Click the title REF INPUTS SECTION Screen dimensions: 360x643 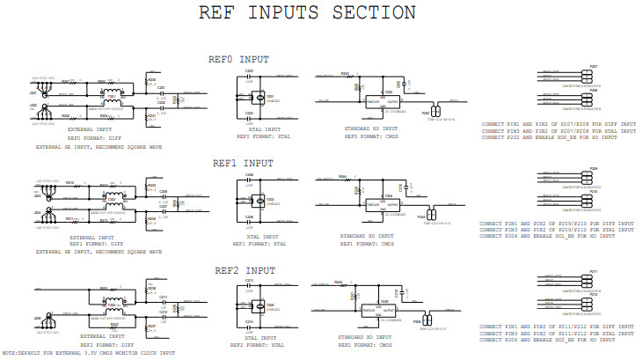pyautogui.click(x=308, y=13)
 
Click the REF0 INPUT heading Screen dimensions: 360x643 pyautogui.click(x=237, y=60)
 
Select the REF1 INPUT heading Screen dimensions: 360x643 pyautogui.click(x=243, y=163)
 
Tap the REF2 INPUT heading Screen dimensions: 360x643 pyautogui.click(x=243, y=269)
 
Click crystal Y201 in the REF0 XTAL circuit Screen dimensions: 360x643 pyautogui.click(x=259, y=98)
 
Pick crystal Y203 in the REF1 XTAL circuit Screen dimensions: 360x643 pyautogui.click(x=259, y=201)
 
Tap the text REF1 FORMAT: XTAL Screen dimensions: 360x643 pyautogui.click(x=258, y=244)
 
